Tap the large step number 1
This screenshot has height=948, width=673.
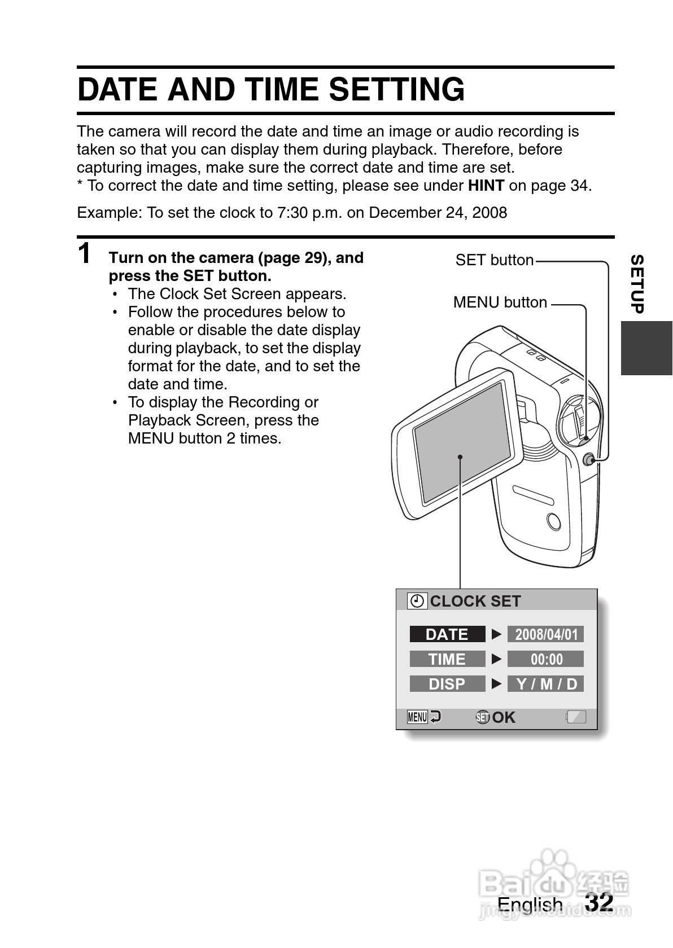tap(85, 253)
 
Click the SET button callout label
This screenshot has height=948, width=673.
tap(494, 260)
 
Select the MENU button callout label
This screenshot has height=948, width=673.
tap(500, 302)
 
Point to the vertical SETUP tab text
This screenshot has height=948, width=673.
tap(637, 284)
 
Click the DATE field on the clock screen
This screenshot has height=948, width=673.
tap(447, 634)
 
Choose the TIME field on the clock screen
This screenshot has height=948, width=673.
tap(447, 659)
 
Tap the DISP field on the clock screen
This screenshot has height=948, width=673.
tap(447, 684)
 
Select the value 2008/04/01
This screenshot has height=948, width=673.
tap(546, 634)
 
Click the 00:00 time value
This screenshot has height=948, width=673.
tap(546, 659)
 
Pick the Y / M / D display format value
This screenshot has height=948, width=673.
tap(546, 684)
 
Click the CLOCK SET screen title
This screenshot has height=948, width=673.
tap(475, 602)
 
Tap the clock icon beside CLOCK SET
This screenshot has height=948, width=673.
tap(417, 602)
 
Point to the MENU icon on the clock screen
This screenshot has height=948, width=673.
tap(417, 717)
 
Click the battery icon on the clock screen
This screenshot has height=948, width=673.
tap(576, 717)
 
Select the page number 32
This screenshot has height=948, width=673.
tap(599, 901)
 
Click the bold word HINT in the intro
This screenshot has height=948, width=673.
tap(486, 186)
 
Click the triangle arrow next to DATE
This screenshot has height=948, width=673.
tap(496, 634)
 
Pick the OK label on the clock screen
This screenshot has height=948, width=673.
tap(504, 717)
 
